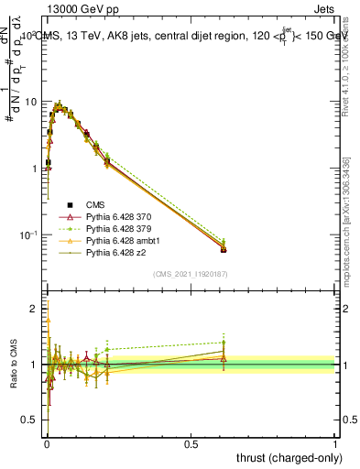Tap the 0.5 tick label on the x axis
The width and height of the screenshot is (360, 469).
click(191, 444)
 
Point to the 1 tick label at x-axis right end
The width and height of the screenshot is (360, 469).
click(335, 444)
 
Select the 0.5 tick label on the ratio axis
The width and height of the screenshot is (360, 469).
click(29, 420)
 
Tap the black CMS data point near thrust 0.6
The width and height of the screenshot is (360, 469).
click(224, 249)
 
